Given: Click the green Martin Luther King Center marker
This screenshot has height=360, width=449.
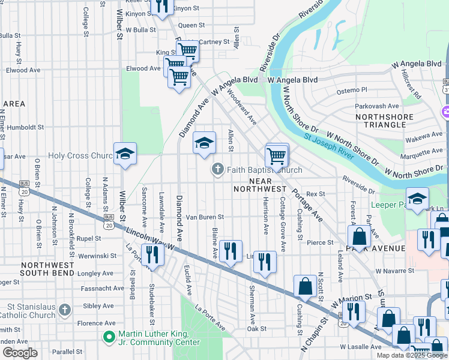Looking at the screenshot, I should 109,338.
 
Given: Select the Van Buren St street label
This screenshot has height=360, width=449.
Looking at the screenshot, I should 205,217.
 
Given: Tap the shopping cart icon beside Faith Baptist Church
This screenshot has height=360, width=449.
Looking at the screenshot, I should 276,156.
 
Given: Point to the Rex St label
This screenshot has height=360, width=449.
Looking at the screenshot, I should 315,194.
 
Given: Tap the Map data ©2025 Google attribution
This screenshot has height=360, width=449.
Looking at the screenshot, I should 412,355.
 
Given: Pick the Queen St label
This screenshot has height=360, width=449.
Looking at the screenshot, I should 191,25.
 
